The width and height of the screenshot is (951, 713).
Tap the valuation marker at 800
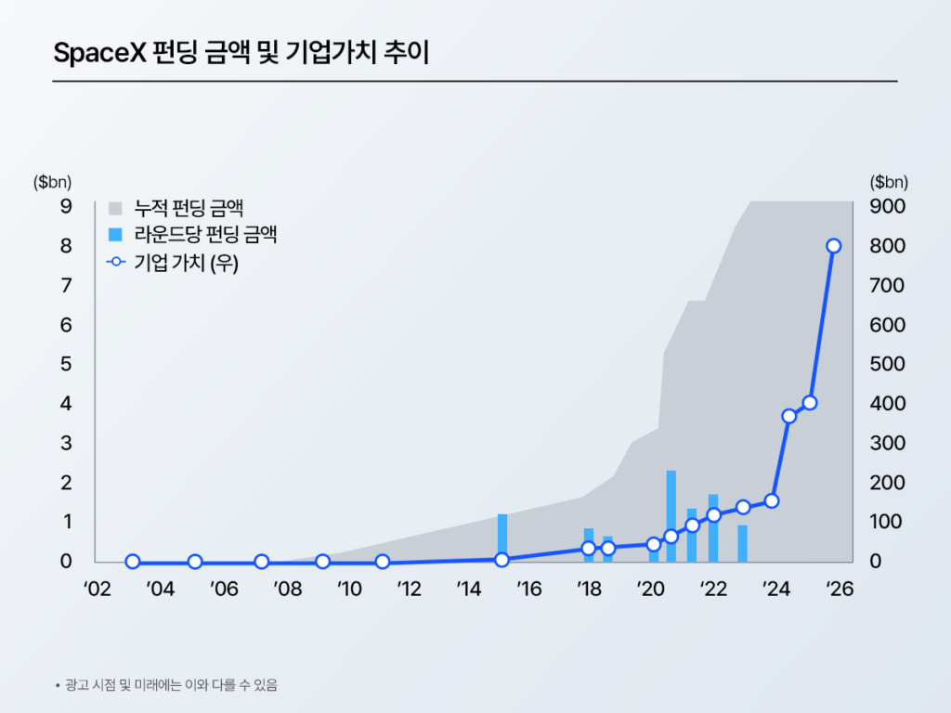click(x=833, y=246)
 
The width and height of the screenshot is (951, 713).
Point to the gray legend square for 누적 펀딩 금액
click(x=116, y=207)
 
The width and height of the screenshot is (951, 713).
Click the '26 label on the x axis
click(x=840, y=590)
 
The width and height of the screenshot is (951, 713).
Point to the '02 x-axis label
click(x=98, y=590)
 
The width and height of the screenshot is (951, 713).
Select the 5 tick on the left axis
click(x=66, y=364)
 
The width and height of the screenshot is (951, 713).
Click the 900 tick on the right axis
click(x=890, y=206)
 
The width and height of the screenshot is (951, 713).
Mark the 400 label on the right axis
click(x=890, y=404)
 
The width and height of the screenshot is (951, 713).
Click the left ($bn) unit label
click(x=52, y=182)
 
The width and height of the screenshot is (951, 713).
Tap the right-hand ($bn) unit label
click(x=890, y=182)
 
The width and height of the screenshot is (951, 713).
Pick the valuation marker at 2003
click(x=133, y=562)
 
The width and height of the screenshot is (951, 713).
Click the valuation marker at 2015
click(x=502, y=560)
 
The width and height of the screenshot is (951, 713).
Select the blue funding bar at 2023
click(x=742, y=543)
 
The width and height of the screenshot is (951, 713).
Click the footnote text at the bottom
click(x=171, y=686)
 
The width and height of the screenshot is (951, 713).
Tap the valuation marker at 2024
click(x=772, y=501)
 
